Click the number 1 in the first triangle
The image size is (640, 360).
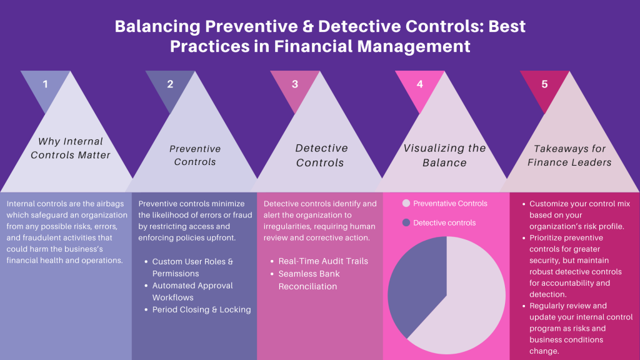(45, 84)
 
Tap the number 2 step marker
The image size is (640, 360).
(170, 84)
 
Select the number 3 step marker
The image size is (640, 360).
(295, 84)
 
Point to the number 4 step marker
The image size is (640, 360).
(420, 84)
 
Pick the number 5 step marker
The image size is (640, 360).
(544, 84)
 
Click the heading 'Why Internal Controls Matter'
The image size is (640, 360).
(71, 148)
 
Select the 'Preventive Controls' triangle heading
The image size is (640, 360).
(195, 155)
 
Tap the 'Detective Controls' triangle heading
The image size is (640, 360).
(321, 155)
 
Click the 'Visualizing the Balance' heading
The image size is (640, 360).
(444, 155)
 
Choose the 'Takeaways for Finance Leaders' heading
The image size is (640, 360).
(569, 155)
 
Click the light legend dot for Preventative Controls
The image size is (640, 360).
(406, 204)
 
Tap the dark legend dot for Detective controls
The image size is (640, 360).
(406, 222)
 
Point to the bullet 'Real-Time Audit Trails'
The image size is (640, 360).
(323, 261)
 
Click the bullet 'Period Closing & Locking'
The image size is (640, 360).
(201, 309)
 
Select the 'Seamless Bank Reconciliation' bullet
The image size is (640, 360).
(307, 280)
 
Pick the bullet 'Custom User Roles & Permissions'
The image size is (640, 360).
(192, 267)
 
